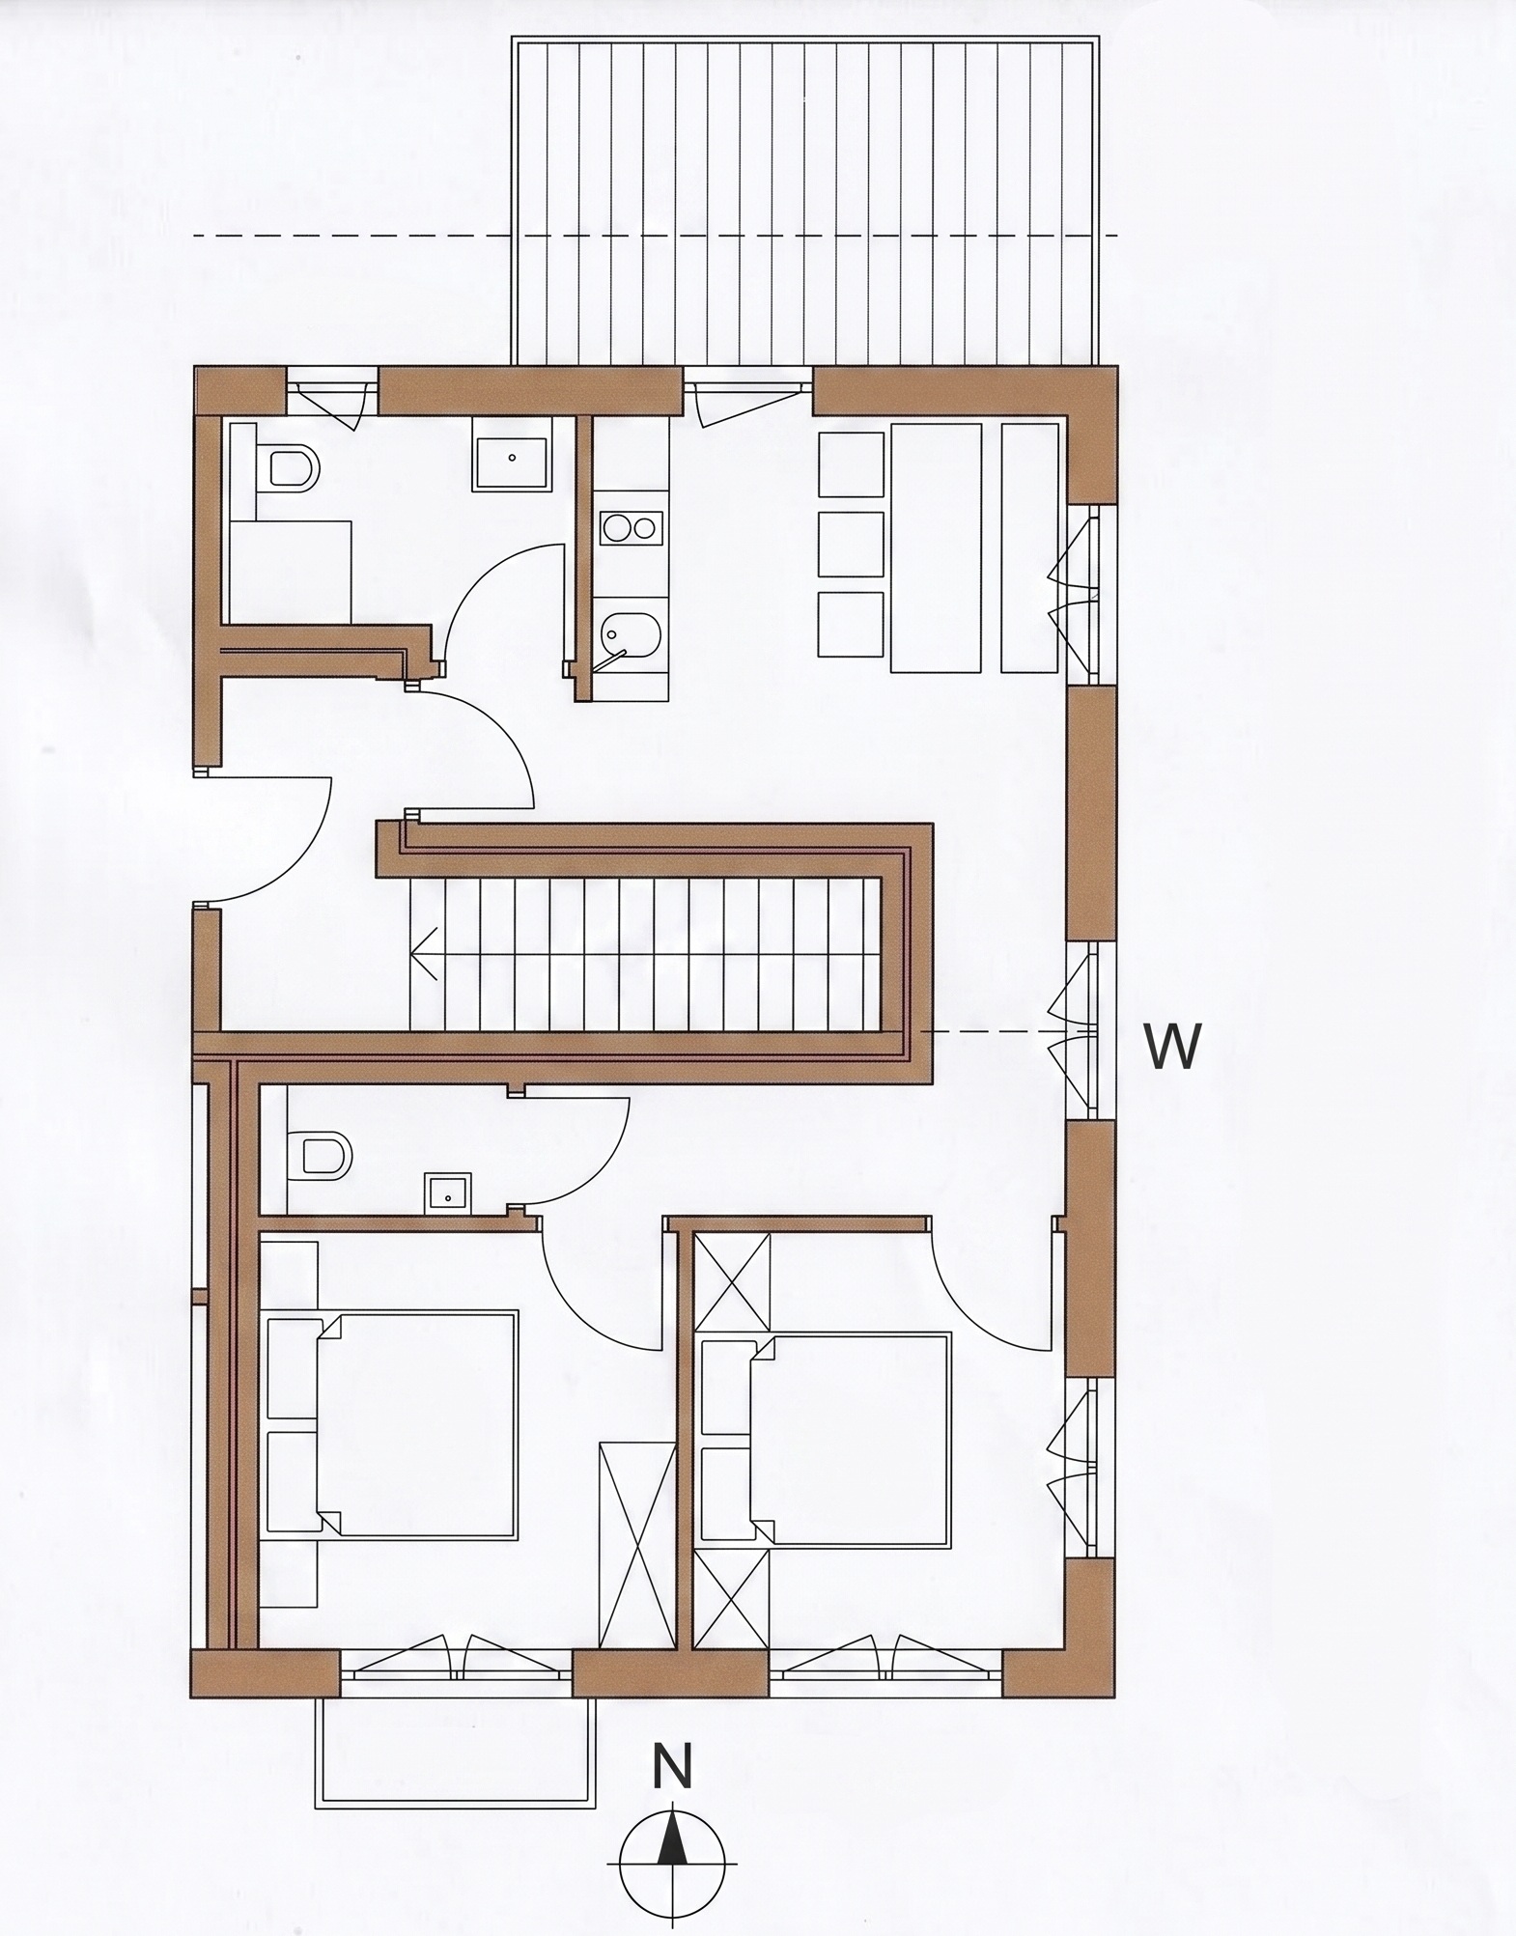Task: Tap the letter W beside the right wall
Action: (1173, 1046)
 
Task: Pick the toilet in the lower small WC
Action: (321, 1154)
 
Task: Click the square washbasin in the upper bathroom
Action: (511, 464)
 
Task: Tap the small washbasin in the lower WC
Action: (446, 1192)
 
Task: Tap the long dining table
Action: (936, 547)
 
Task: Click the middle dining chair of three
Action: (851, 545)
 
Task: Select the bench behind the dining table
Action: (1029, 547)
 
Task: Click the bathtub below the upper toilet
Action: (288, 570)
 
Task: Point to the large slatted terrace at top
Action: (805, 202)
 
